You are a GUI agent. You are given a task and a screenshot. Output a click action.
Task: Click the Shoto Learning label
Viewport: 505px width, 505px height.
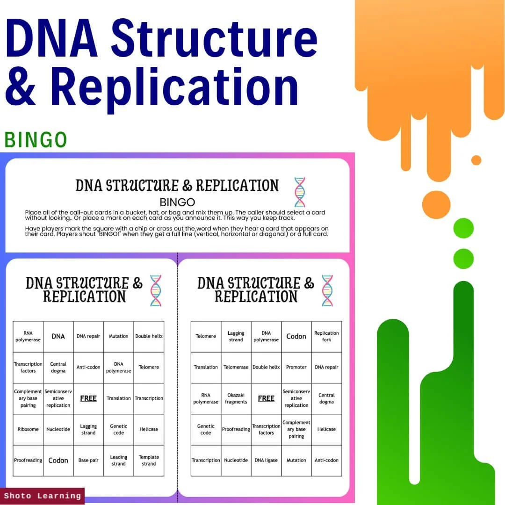pyautogui.click(x=43, y=496)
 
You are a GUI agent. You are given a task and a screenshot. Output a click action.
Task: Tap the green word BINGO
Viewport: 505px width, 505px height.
pyautogui.click(x=36, y=140)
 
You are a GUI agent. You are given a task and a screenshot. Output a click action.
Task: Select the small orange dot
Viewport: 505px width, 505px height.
pyautogui.click(x=476, y=160)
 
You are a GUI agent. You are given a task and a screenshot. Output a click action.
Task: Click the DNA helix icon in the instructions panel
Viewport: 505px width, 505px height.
pyautogui.click(x=299, y=192)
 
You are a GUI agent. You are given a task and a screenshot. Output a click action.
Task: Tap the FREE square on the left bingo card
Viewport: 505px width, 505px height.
pyautogui.click(x=88, y=398)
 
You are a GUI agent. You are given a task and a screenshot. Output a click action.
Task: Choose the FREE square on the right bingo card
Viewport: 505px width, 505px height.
pyautogui.click(x=266, y=398)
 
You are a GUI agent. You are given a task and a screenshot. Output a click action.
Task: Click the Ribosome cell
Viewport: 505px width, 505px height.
pyautogui.click(x=28, y=429)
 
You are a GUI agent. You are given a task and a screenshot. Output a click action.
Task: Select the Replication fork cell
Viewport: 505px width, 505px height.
pyautogui.click(x=326, y=336)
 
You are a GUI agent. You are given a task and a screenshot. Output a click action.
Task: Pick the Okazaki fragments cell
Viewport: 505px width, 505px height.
pyautogui.click(x=236, y=398)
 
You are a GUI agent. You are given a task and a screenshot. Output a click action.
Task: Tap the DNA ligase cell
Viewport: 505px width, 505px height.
pyautogui.click(x=266, y=460)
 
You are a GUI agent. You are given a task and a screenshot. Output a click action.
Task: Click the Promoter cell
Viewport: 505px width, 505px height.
pyautogui.click(x=296, y=367)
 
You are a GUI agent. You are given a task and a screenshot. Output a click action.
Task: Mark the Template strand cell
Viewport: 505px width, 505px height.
pyautogui.click(x=149, y=460)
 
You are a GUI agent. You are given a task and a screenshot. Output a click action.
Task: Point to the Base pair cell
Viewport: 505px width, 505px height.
pyautogui.click(x=88, y=460)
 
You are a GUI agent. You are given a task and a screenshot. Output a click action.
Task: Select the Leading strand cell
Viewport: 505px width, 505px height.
pyautogui.click(x=118, y=460)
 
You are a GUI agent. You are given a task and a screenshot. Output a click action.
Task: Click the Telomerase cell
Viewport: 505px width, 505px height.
pyautogui.click(x=236, y=367)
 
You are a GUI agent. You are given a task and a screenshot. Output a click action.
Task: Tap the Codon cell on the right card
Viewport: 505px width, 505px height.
pyautogui.click(x=296, y=336)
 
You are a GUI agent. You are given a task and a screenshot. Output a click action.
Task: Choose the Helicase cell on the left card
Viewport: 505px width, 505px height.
pyautogui.click(x=149, y=429)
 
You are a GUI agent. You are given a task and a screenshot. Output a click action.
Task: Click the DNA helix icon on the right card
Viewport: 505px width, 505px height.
pyautogui.click(x=327, y=290)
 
